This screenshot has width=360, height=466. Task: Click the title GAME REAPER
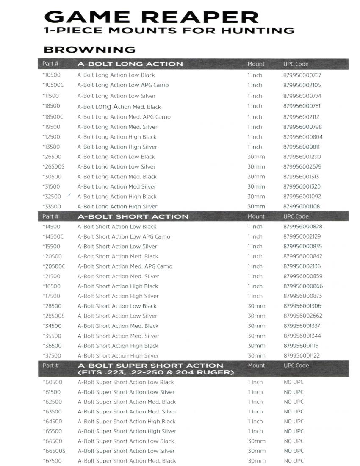tap(151, 17)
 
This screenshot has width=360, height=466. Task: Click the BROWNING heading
tap(89, 50)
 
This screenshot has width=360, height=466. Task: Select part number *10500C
tap(53, 85)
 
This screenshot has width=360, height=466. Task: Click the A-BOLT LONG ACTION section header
tap(130, 64)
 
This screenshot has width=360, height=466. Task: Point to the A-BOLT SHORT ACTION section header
tap(133, 216)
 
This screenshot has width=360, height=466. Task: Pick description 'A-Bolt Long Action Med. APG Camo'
tap(124, 117)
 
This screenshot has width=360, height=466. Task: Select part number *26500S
tap(53, 167)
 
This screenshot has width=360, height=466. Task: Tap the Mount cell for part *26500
tap(256, 157)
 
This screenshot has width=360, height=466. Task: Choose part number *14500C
tap(53, 237)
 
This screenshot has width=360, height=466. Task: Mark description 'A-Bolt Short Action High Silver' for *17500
tap(118, 296)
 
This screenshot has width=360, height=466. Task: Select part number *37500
tap(52, 356)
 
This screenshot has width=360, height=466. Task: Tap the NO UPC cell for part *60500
tap(294, 382)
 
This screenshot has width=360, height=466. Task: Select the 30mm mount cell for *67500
tap(256, 461)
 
